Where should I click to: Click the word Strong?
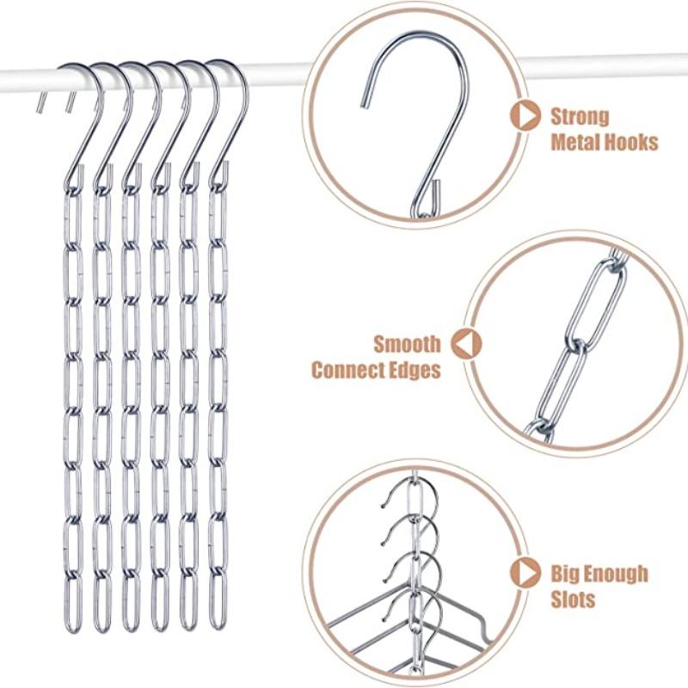click(x=580, y=116)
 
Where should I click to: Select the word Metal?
click(x=577, y=142)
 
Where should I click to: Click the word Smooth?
click(x=407, y=345)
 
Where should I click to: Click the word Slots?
click(x=573, y=599)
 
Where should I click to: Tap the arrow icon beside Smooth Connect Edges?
click(x=465, y=344)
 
